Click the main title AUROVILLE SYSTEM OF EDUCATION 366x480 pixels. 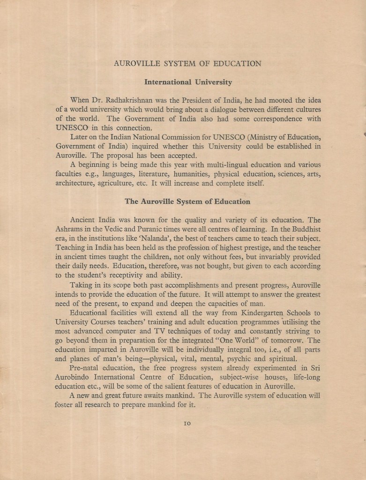coord(187,63)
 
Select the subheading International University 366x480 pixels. coord(187,82)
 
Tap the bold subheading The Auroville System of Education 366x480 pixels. coord(187,202)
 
